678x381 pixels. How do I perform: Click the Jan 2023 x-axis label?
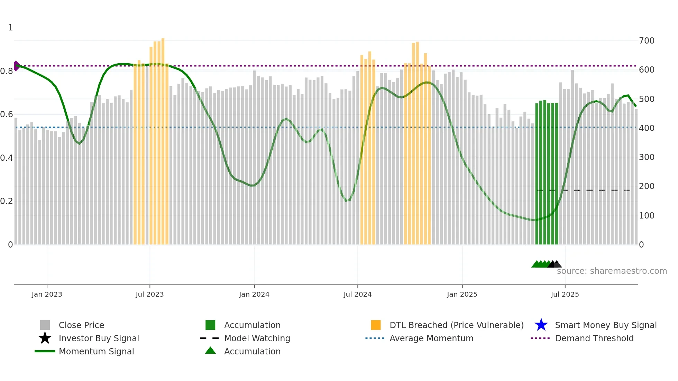47,294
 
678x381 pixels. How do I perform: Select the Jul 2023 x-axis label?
149,294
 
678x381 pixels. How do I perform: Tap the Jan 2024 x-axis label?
254,294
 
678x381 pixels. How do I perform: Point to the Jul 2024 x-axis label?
357,294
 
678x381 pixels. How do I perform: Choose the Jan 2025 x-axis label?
462,294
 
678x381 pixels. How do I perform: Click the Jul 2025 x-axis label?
565,294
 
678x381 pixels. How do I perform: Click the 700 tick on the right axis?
647,41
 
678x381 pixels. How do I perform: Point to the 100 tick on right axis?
647,216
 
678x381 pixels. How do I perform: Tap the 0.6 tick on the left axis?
7,114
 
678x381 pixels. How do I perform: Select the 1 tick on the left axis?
10,28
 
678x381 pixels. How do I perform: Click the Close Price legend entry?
81,325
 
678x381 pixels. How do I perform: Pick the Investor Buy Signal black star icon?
45,338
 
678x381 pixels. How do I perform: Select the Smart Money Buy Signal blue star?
541,325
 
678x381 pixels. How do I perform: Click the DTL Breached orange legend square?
376,325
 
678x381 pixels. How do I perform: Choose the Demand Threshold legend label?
594,338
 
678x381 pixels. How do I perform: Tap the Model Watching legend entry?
257,338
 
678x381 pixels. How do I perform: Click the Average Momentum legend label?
431,338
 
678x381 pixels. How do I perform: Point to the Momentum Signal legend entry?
96,351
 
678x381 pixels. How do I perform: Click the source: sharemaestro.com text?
612,271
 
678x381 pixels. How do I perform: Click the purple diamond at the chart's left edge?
16,66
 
